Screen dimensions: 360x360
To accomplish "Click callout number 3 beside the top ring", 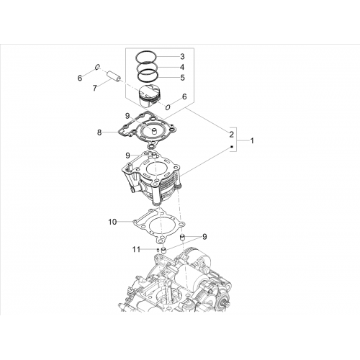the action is pos(182,57).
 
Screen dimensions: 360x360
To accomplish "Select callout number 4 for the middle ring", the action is pos(182,67).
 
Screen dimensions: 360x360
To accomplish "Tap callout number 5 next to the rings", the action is pos(182,78).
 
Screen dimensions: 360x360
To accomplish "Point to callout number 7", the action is pos(95,89).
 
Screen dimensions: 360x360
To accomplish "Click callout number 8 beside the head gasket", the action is pos(99,132).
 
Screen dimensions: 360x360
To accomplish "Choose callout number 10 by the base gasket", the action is pos(112,222).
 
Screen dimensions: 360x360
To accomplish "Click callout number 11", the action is pos(136,250).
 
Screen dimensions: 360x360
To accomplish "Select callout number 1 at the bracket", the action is pos(252,140).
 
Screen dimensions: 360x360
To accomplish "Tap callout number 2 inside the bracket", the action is pos(231,135).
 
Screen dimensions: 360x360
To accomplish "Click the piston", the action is pos(150,96).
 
